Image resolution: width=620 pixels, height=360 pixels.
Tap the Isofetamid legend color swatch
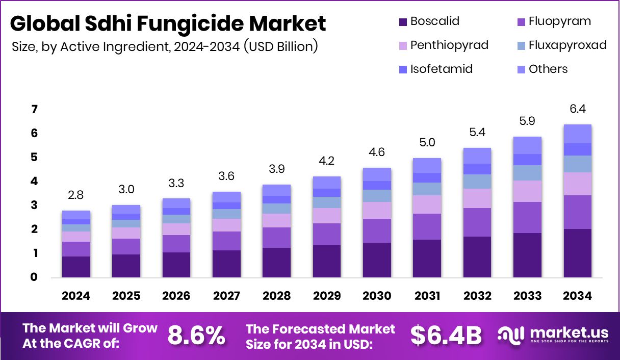tap(403, 69)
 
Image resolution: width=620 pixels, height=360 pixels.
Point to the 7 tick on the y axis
tap(34, 110)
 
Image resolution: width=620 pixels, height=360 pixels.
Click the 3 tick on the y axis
tap(34, 205)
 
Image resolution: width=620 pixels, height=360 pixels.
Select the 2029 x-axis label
tap(326, 296)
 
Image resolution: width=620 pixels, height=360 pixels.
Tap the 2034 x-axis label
tap(577, 296)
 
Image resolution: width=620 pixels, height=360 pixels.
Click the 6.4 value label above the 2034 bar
tap(577, 109)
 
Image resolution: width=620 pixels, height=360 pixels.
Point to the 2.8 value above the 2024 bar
tap(76, 195)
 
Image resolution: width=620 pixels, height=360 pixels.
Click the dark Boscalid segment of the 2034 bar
tap(577, 253)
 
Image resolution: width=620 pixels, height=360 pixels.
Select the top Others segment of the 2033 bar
tap(527, 145)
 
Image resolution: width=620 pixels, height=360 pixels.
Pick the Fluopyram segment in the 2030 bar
tap(377, 230)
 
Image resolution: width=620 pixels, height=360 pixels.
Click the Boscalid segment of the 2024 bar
tap(76, 267)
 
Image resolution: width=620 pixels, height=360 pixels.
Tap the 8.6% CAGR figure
tap(196, 336)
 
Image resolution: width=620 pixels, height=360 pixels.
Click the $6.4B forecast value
tap(446, 336)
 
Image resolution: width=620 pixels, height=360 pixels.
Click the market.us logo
tap(554, 335)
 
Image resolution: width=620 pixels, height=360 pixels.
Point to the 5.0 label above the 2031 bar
tap(427, 143)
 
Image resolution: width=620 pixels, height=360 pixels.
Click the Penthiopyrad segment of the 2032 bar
tap(477, 198)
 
